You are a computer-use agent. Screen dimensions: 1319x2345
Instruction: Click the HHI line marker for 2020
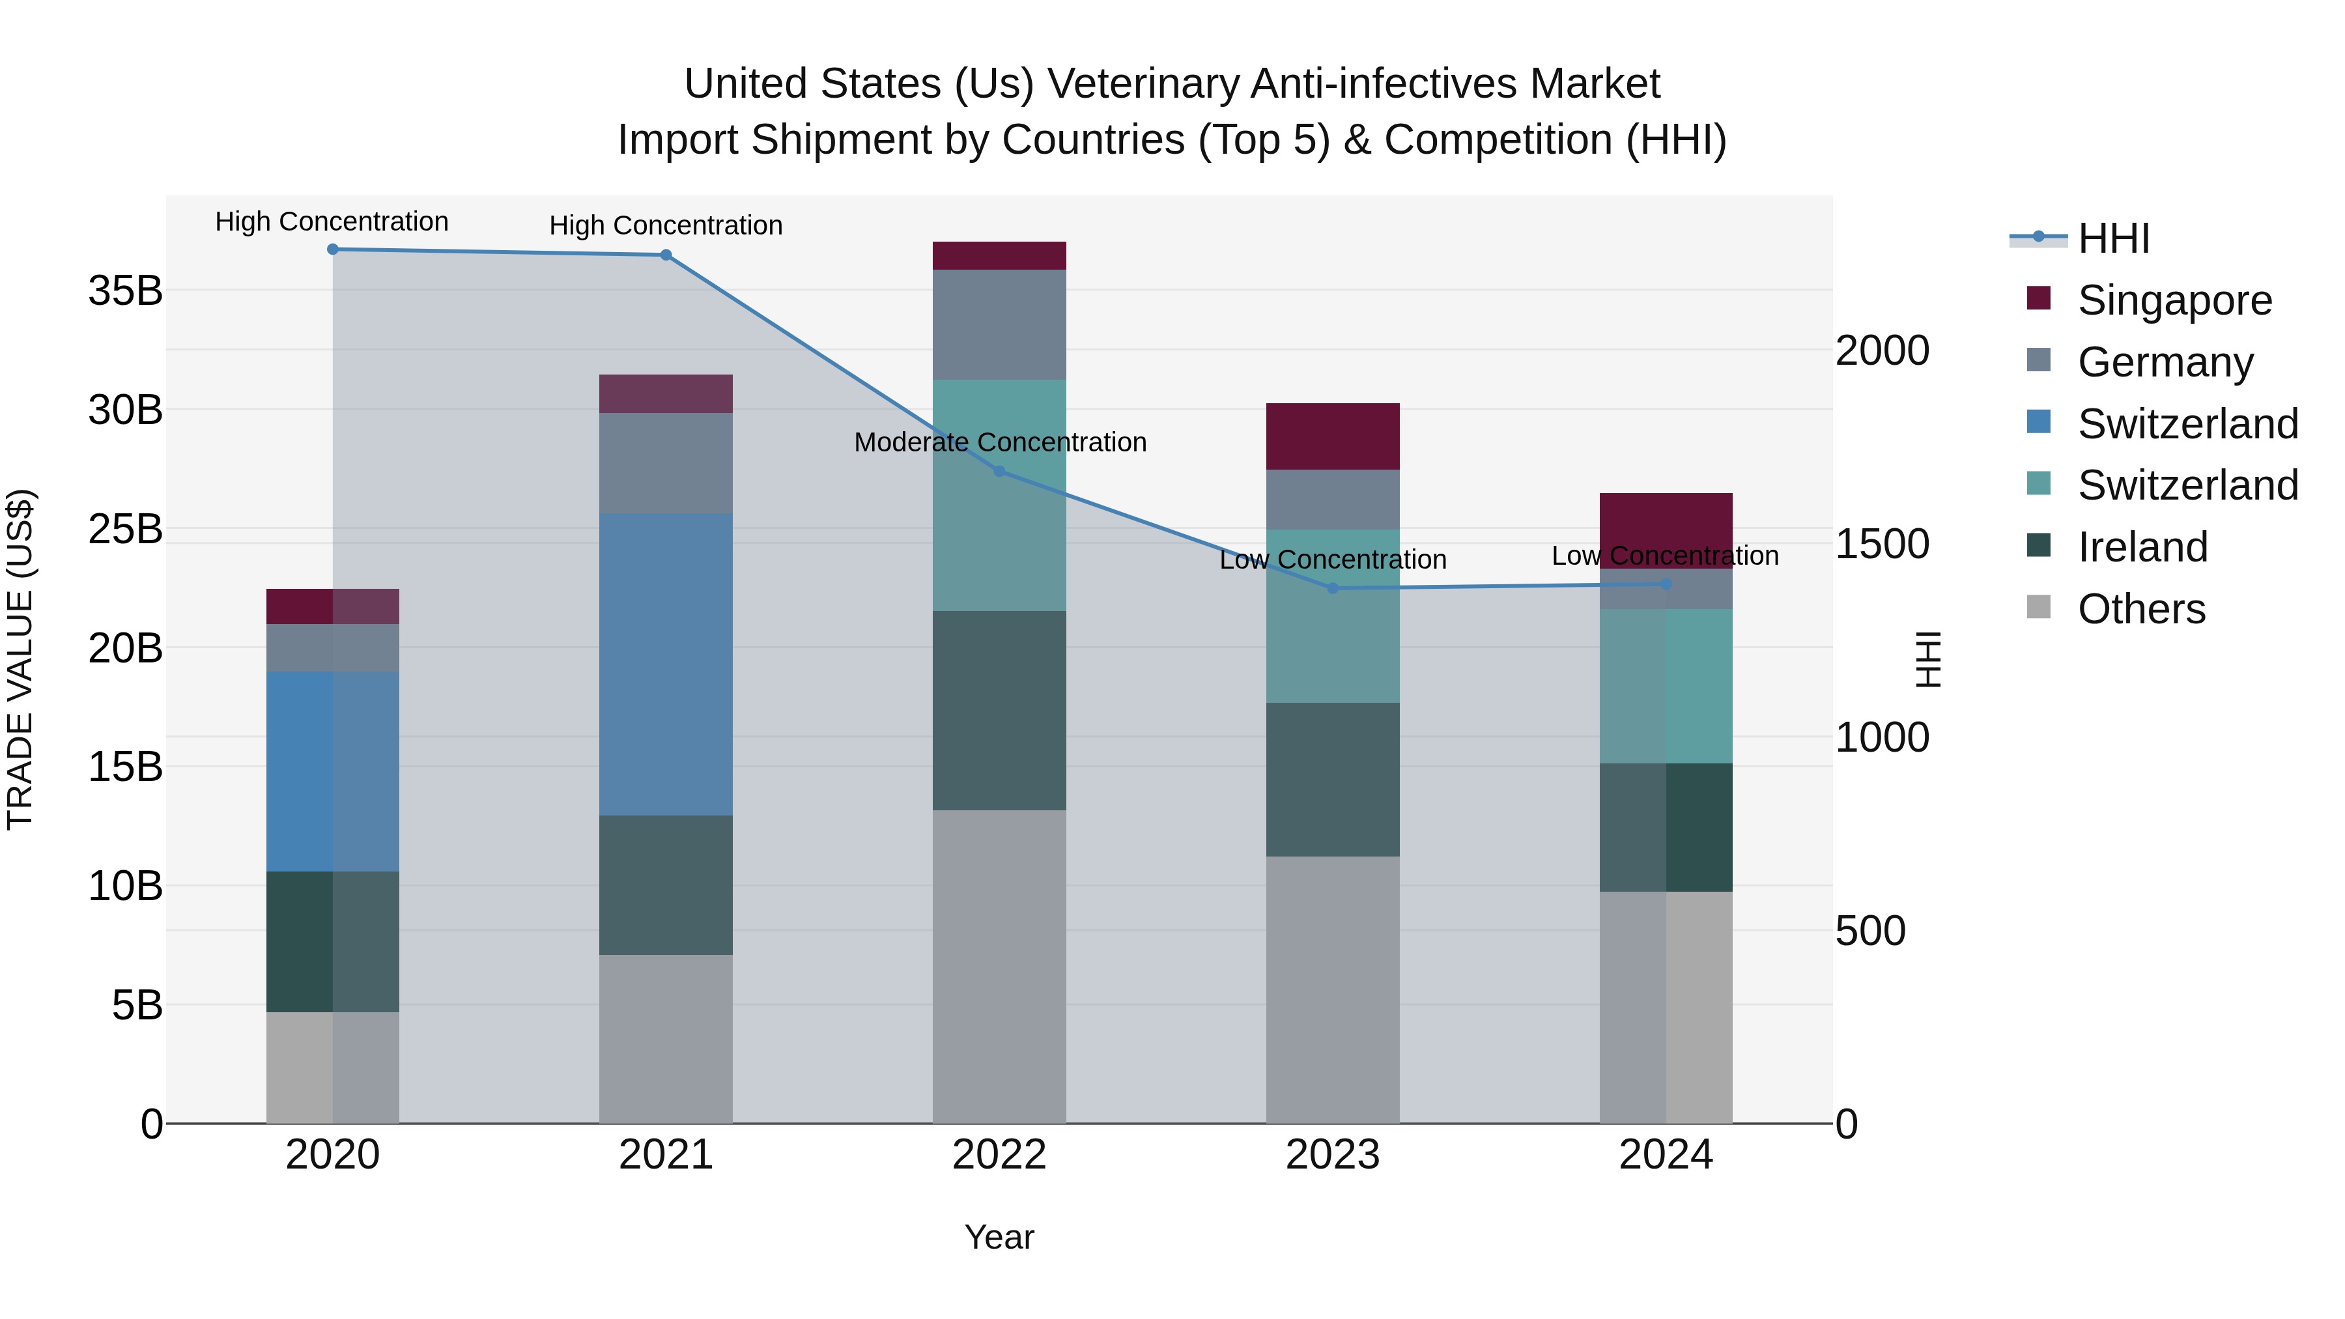(332, 249)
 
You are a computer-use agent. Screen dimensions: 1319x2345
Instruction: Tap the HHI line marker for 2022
(999, 472)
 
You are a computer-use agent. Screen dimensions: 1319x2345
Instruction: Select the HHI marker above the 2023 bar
(1333, 588)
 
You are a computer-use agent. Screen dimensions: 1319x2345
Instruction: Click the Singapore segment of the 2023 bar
(1333, 437)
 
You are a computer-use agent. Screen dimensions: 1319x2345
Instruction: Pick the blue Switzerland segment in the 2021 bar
(666, 664)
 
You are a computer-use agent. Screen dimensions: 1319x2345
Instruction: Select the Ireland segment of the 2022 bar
(999, 710)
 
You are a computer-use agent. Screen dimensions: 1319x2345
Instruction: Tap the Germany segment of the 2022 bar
(999, 325)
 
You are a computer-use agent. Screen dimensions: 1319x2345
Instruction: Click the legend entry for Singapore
(2174, 300)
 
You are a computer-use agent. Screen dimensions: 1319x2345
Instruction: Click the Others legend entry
(2141, 609)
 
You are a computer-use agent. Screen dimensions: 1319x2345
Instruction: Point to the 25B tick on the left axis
(126, 529)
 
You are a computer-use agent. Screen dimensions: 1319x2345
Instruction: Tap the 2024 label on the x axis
(1665, 1155)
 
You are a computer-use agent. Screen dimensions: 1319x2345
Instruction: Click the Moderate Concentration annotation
(999, 442)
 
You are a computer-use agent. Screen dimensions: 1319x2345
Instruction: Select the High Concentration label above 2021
(666, 226)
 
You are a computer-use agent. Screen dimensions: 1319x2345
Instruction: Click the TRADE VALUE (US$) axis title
(20, 659)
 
